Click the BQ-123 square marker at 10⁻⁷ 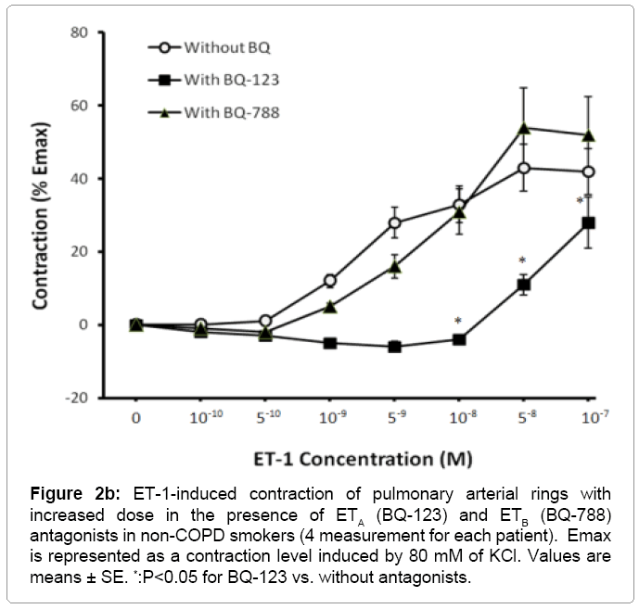coord(588,222)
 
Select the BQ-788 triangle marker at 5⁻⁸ coord(524,128)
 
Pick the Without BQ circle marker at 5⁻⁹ coord(395,222)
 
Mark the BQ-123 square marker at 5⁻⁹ coord(395,347)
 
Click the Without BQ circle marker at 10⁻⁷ coord(588,171)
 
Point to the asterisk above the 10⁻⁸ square coord(458,322)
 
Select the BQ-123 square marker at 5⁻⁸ coord(524,285)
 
